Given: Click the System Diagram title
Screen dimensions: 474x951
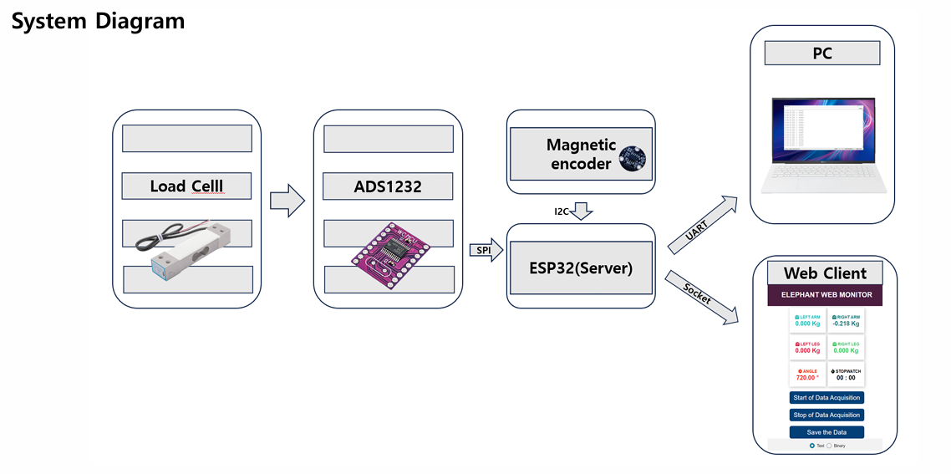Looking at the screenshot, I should (98, 21).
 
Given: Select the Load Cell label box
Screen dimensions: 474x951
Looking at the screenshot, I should (186, 186).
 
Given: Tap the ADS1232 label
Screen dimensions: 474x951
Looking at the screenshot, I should (388, 186).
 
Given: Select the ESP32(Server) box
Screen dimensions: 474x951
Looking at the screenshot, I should (580, 268).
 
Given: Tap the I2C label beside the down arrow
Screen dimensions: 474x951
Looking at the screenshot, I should (562, 212).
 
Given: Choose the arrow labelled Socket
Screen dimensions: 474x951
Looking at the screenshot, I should (702, 297).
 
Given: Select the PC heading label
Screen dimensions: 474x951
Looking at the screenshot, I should (822, 54).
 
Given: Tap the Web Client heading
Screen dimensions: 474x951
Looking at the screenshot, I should (825, 273).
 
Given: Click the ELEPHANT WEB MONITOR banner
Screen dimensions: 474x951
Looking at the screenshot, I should (826, 295).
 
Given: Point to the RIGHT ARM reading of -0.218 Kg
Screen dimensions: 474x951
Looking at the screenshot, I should (847, 324).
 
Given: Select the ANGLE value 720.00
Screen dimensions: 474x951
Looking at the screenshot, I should (807, 377).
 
